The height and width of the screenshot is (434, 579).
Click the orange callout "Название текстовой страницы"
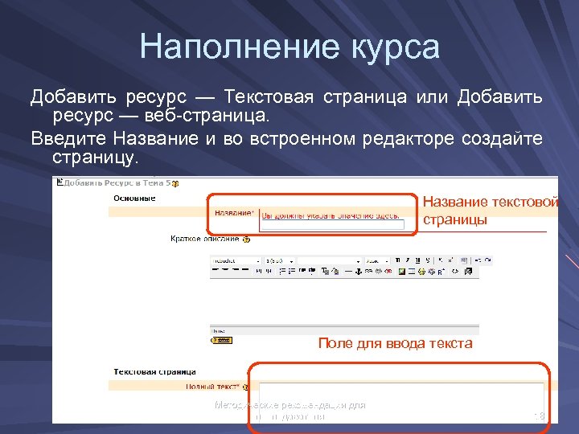coord(490,211)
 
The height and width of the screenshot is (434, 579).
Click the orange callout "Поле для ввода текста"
coord(395,343)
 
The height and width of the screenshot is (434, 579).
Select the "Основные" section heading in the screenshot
coord(134,198)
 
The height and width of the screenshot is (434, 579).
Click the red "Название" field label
coord(233,213)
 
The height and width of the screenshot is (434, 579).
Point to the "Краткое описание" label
coord(204,239)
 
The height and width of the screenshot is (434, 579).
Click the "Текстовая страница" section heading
coord(154,372)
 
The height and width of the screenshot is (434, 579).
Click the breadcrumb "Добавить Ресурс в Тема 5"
coord(113,183)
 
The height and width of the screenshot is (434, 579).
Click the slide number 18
coord(540,416)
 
